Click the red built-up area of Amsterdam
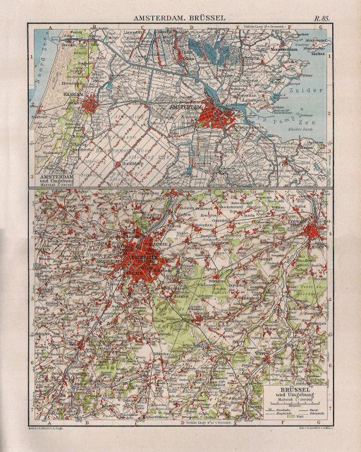(215, 113)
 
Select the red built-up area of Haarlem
(90, 106)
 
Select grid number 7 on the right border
(331, 408)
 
